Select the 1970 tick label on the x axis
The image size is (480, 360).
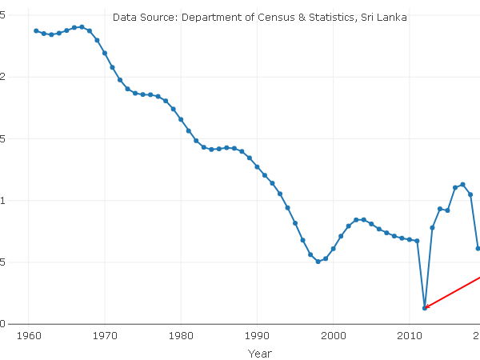pos(105,336)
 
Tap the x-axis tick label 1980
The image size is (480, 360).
pos(181,336)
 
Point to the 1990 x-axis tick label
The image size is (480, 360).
pos(257,336)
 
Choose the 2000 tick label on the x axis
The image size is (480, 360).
pos(333,336)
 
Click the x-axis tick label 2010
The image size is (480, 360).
pos(410,336)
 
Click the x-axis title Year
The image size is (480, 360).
pos(259,352)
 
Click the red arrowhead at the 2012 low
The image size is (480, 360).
pos(427,306)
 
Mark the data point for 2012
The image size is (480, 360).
pos(425,308)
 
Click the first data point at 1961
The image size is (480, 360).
pos(36,30)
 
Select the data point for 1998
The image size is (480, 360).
pos(318,262)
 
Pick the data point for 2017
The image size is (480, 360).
pos(462,185)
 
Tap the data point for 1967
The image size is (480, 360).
pos(82,27)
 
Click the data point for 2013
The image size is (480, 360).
pos(432,228)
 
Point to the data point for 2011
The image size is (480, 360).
pos(417,241)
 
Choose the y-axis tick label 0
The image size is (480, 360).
pos(2,324)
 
